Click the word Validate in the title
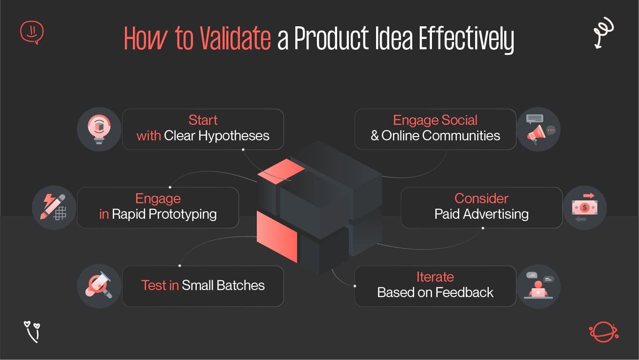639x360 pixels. (x=235, y=39)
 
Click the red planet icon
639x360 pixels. (x=603, y=332)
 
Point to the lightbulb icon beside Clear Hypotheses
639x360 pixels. (x=99, y=129)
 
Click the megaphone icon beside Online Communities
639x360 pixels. (x=538, y=129)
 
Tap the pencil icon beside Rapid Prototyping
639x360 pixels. (x=54, y=207)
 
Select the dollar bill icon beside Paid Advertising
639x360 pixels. (x=585, y=207)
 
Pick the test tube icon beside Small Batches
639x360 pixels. (x=99, y=286)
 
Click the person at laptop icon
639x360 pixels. (x=538, y=286)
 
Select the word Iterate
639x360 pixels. (x=435, y=277)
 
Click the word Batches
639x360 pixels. (x=242, y=285)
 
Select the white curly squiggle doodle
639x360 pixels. (x=603, y=32)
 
